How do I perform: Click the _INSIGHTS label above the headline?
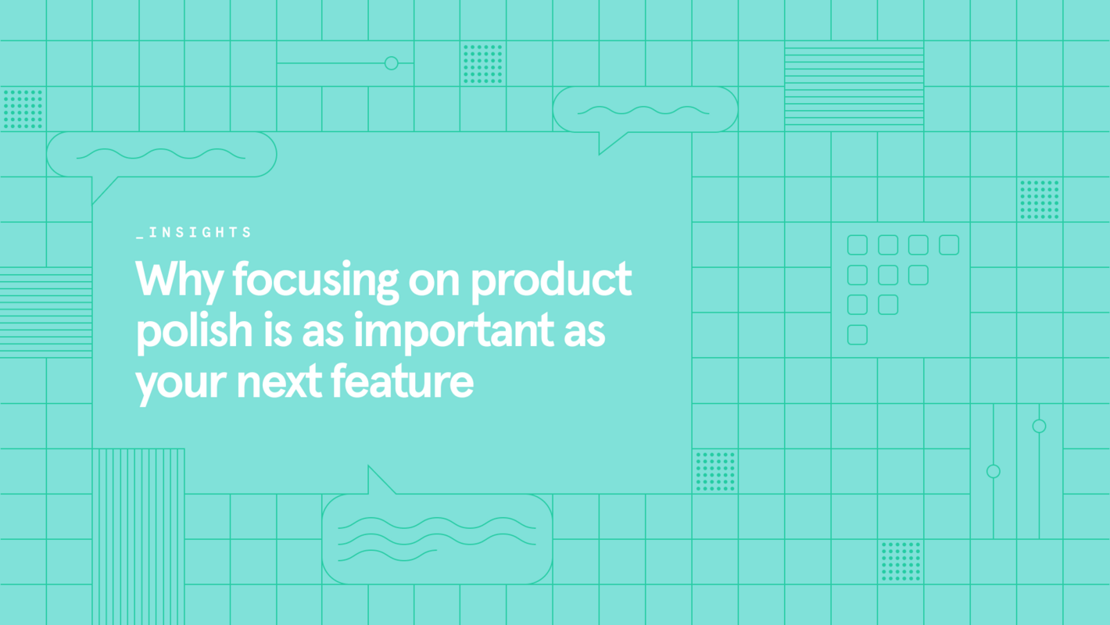[x=194, y=233]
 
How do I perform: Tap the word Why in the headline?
[x=179, y=280]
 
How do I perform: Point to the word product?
[x=550, y=280]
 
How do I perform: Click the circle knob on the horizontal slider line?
[x=392, y=63]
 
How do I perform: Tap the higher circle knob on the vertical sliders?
[x=1039, y=426]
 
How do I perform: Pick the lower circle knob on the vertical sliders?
[x=994, y=471]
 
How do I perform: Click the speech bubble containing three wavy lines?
[x=437, y=539]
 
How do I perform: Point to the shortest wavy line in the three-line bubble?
[x=387, y=555]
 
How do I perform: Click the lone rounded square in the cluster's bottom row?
[x=858, y=334]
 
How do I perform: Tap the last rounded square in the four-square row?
[x=949, y=245]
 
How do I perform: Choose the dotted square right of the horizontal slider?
[x=483, y=63]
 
